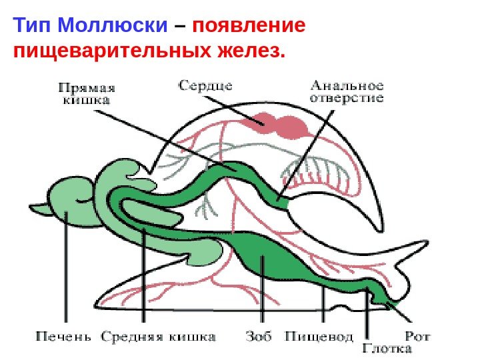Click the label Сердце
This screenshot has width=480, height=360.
pos(205,85)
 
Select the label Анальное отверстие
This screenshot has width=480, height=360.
pos(347,91)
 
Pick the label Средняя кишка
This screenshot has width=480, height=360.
pos(158,336)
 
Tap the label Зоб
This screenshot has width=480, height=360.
pos(259,336)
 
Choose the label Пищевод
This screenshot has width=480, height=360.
pos(319,336)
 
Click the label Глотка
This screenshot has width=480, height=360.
pos(388,347)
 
